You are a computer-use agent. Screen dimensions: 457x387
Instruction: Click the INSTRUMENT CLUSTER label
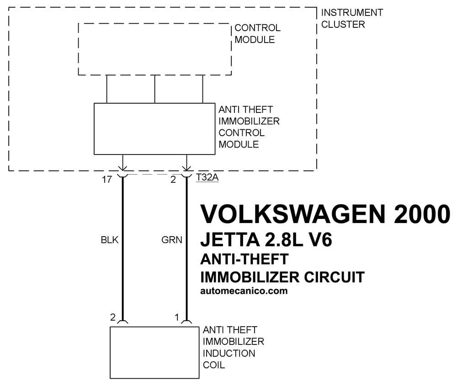pyautogui.click(x=352, y=18)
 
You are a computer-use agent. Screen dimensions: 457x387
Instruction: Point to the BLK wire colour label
pyautogui.click(x=110, y=240)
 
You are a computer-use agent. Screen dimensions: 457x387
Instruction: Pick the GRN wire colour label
pyautogui.click(x=172, y=240)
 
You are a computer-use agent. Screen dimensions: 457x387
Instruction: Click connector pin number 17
pyautogui.click(x=106, y=180)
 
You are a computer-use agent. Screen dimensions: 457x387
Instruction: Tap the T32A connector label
pyautogui.click(x=207, y=177)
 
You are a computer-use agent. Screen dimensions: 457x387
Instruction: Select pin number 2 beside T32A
pyautogui.click(x=173, y=180)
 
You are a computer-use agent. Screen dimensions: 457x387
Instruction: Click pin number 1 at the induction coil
pyautogui.click(x=176, y=317)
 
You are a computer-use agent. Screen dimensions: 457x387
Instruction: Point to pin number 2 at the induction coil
pyautogui.click(x=113, y=317)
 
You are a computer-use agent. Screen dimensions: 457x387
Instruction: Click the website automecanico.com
pyautogui.click(x=244, y=291)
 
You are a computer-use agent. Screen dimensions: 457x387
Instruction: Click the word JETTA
pyautogui.click(x=230, y=240)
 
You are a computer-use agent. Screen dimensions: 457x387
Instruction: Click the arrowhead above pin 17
pyautogui.click(x=122, y=168)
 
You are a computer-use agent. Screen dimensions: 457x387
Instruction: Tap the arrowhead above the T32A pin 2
pyautogui.click(x=186, y=168)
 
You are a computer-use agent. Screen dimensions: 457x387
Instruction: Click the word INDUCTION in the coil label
pyautogui.click(x=229, y=353)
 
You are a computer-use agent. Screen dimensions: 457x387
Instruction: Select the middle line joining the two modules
pyautogui.click(x=155, y=89)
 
